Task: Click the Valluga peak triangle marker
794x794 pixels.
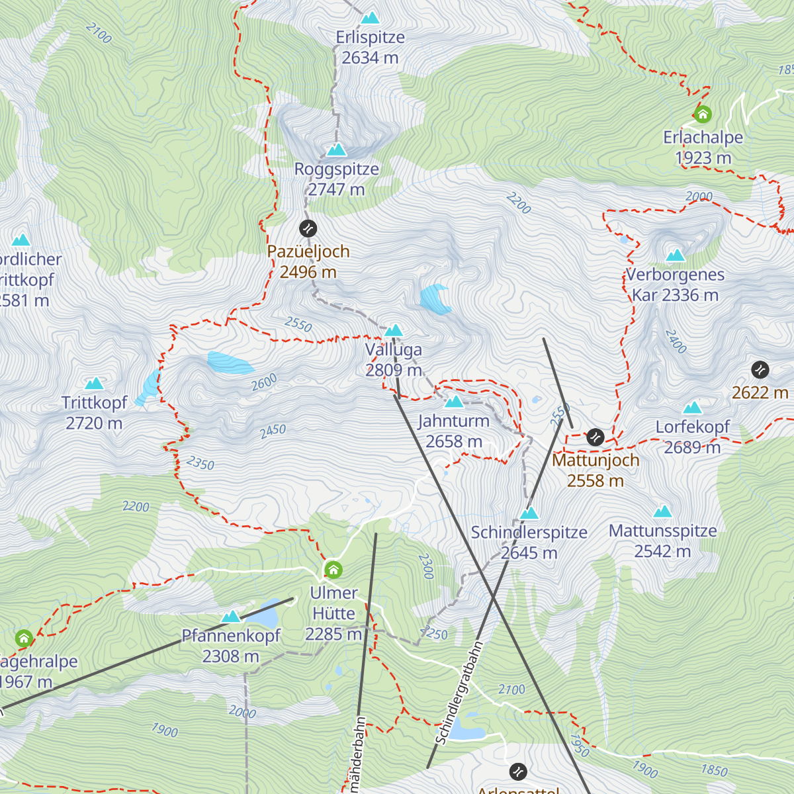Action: pyautogui.click(x=394, y=330)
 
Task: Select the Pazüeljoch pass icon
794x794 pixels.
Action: pyautogui.click(x=308, y=229)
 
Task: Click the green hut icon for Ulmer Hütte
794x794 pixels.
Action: pyautogui.click(x=333, y=569)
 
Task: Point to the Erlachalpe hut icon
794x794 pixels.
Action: pyautogui.click(x=703, y=114)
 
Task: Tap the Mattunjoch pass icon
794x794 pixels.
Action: pyautogui.click(x=595, y=437)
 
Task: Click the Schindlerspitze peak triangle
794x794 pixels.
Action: pyautogui.click(x=529, y=513)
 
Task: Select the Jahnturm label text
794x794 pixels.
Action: pyautogui.click(x=454, y=421)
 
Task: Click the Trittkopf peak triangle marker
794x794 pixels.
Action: pyautogui.click(x=95, y=384)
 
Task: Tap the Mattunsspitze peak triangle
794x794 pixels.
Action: pyautogui.click(x=662, y=511)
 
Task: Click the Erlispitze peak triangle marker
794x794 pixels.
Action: pyautogui.click(x=370, y=18)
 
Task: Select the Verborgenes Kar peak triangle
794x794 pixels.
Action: pyautogui.click(x=675, y=255)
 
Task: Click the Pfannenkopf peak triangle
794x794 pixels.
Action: pyautogui.click(x=230, y=617)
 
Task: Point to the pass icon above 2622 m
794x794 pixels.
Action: pyautogui.click(x=760, y=369)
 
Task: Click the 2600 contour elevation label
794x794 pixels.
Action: pyautogui.click(x=264, y=382)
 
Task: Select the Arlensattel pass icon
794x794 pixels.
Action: pyautogui.click(x=518, y=772)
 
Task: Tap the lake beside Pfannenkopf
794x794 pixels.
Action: pyautogui.click(x=265, y=615)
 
